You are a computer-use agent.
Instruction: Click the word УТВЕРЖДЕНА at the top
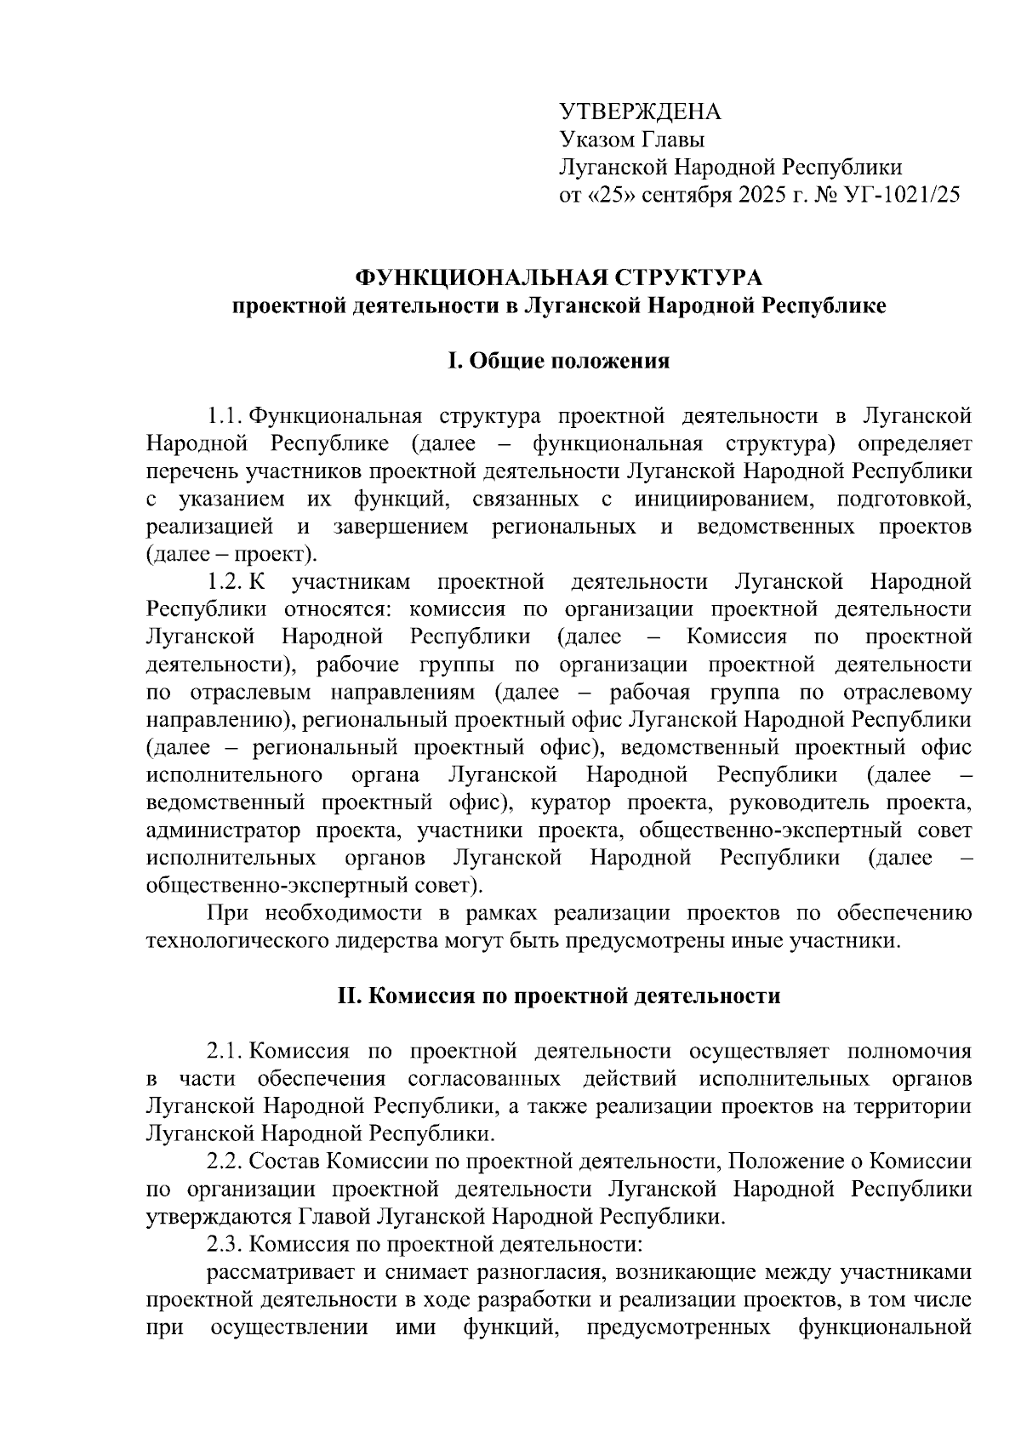(640, 112)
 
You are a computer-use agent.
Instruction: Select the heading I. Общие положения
(559, 361)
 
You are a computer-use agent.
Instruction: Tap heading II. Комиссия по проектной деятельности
(559, 996)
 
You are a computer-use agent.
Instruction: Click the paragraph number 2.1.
(225, 1052)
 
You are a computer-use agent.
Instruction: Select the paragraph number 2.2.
(225, 1162)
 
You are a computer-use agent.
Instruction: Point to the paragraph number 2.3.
(225, 1245)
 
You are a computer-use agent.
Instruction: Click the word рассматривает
(277, 1273)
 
